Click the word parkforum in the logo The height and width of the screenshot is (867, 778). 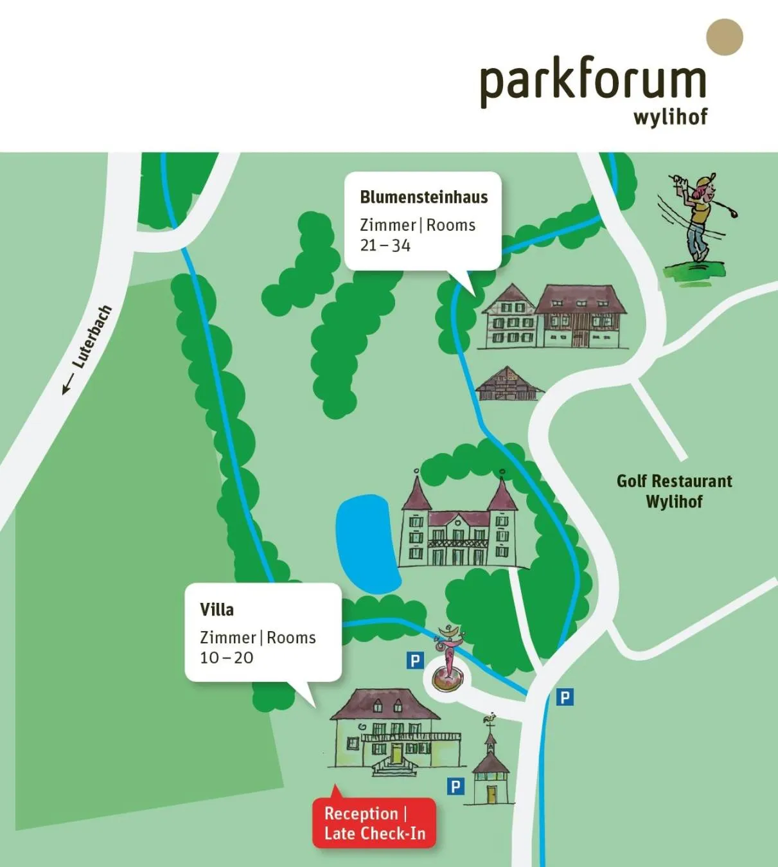pyautogui.click(x=592, y=84)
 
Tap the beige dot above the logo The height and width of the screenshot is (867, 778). pyautogui.click(x=724, y=37)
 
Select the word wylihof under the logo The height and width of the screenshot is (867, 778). pyautogui.click(x=669, y=118)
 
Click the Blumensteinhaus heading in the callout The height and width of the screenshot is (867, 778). pyautogui.click(x=423, y=197)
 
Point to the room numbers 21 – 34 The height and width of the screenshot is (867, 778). pyautogui.click(x=385, y=246)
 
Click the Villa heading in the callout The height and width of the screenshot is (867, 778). pyautogui.click(x=217, y=609)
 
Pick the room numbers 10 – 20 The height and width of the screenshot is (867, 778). pyautogui.click(x=226, y=658)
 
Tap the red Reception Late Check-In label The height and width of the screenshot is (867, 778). pyautogui.click(x=374, y=823)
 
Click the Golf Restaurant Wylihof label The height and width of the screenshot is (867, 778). pyautogui.click(x=674, y=491)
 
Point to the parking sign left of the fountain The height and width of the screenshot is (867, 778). pyautogui.click(x=415, y=660)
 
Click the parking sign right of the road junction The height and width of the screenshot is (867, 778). pyautogui.click(x=564, y=697)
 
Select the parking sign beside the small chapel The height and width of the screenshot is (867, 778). pyautogui.click(x=455, y=786)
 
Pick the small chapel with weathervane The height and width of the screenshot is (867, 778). pyautogui.click(x=491, y=768)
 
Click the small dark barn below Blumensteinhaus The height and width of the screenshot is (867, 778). pyautogui.click(x=508, y=384)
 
